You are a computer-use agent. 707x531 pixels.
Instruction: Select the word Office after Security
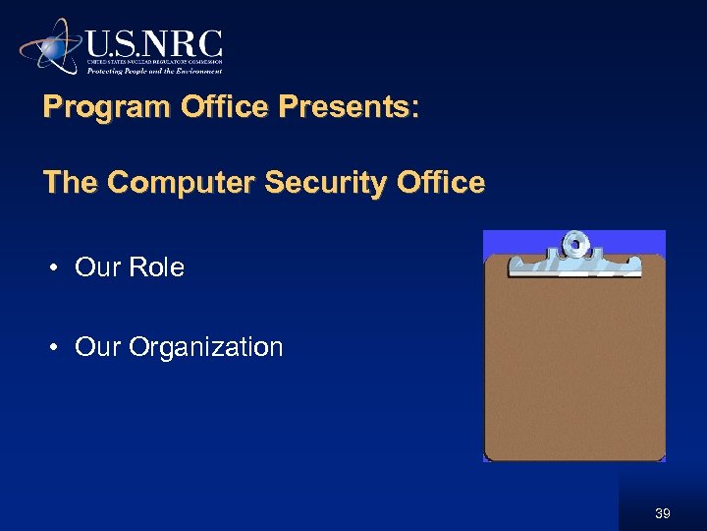pos(433,183)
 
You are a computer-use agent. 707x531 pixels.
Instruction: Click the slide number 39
pos(664,513)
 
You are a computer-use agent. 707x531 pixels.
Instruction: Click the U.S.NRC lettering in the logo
pos(154,44)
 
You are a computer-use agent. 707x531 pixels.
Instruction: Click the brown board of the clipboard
pos(574,374)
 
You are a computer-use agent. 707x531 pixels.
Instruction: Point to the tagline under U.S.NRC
pos(155,71)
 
